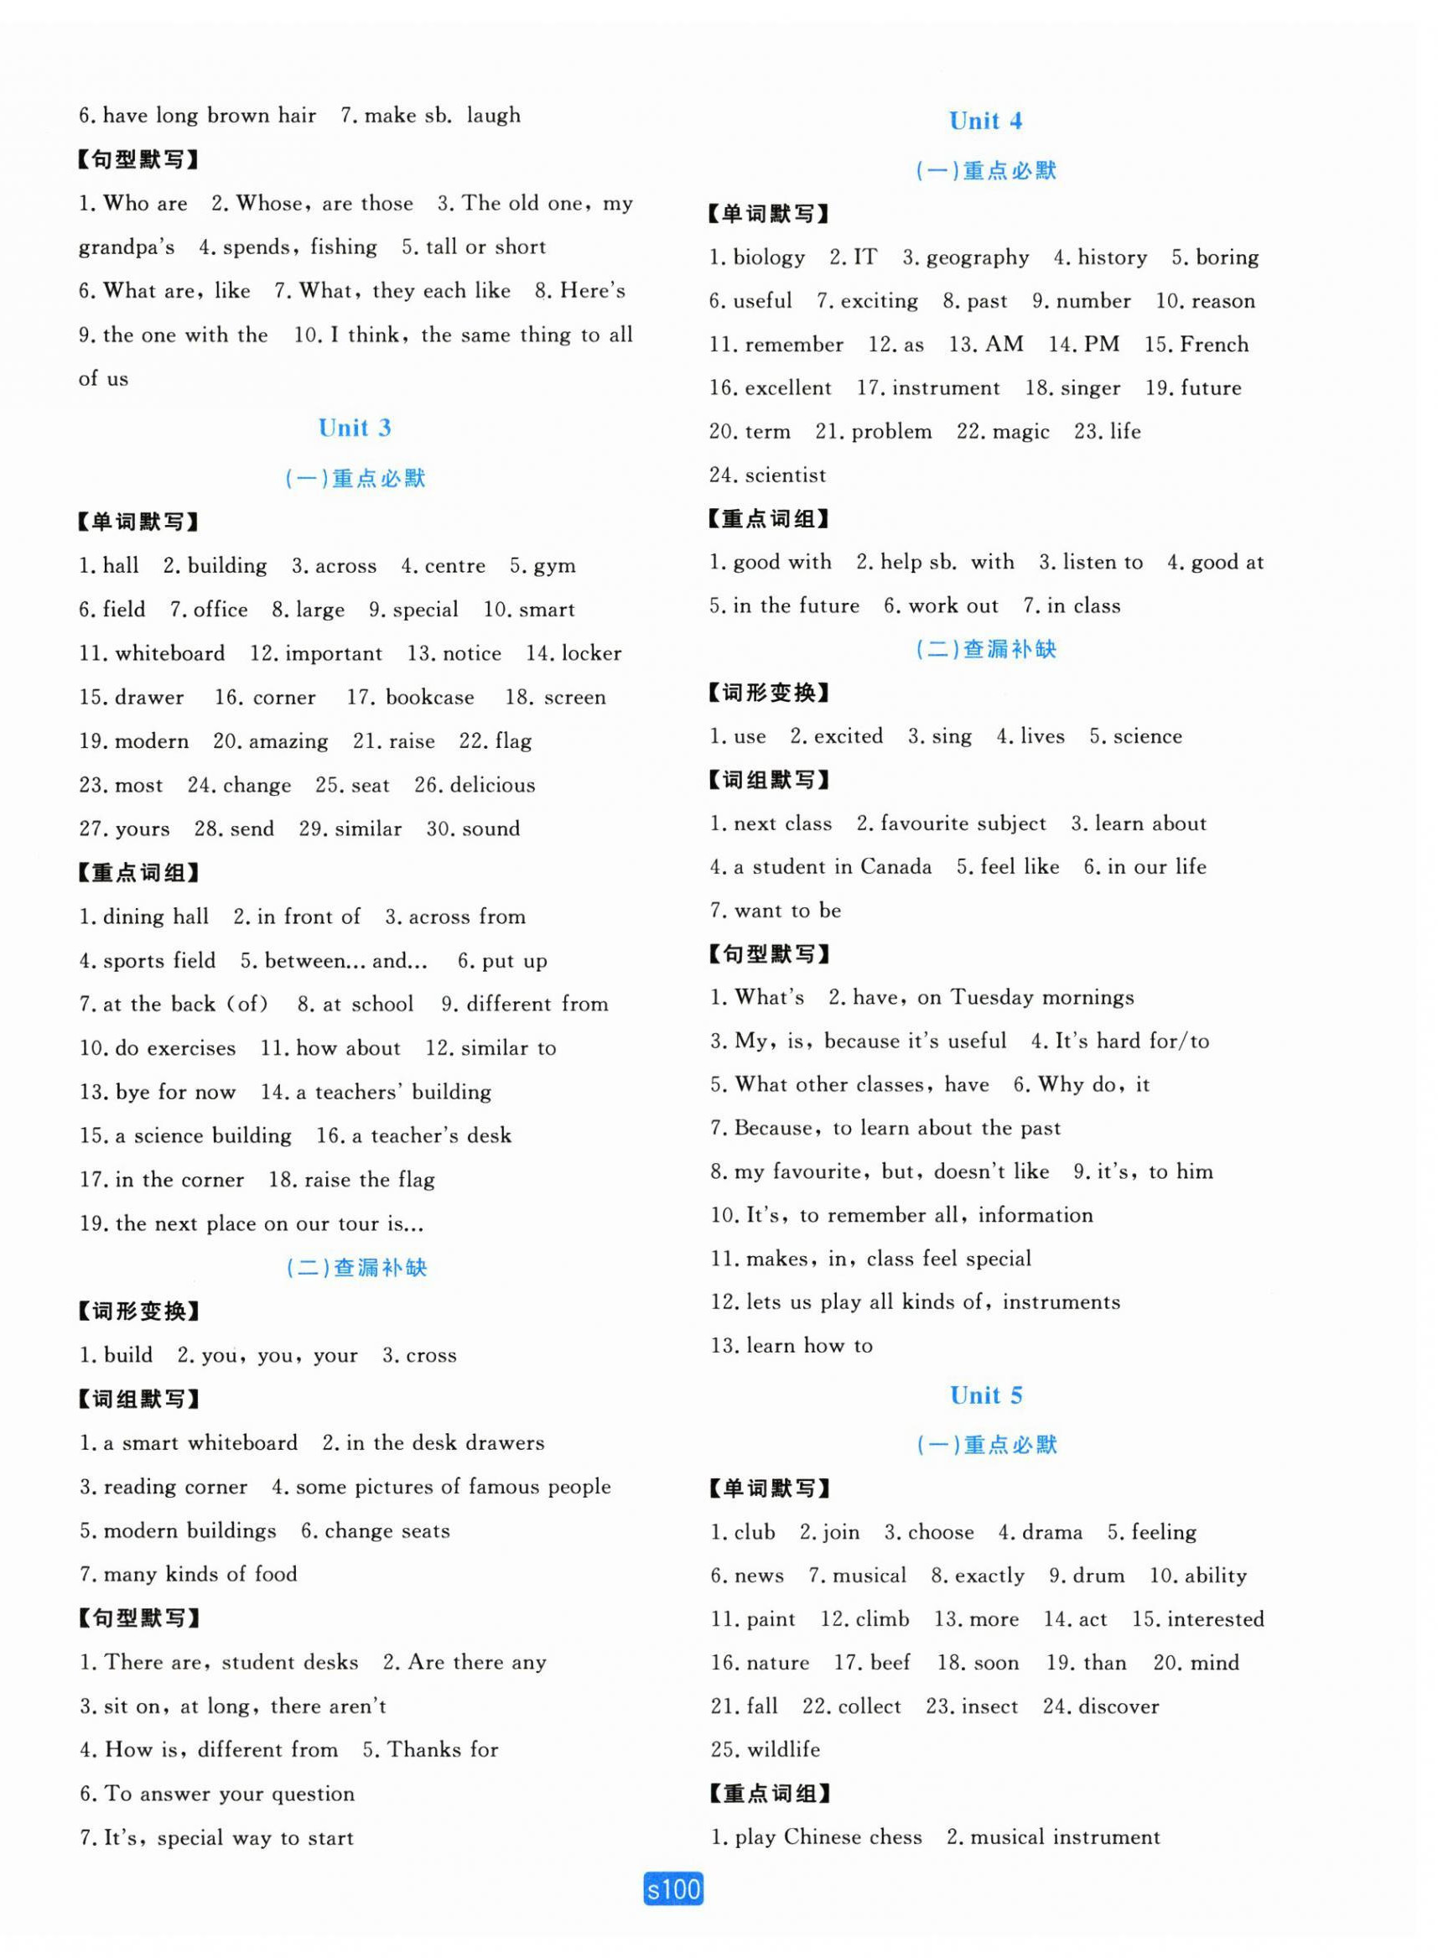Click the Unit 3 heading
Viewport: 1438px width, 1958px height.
point(355,428)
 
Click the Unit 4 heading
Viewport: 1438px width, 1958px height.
point(984,121)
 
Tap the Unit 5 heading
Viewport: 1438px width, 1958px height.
point(985,1394)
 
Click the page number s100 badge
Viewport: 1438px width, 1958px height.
point(672,1888)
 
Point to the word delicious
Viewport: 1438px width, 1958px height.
point(492,785)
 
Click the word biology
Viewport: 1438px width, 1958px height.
point(769,257)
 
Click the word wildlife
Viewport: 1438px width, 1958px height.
point(782,1750)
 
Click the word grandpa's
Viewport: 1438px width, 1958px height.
point(127,248)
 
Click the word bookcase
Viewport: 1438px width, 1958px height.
point(429,698)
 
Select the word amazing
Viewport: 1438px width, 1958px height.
point(288,742)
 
